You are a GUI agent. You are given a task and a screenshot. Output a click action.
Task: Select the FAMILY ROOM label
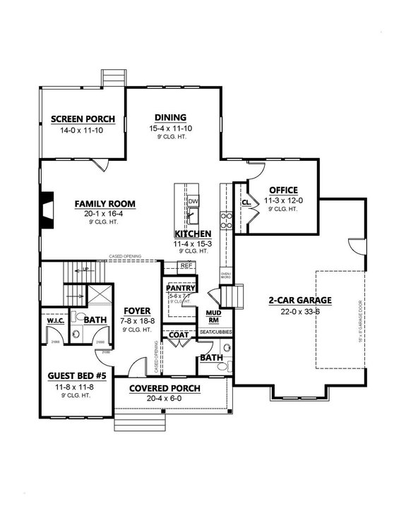tap(105, 204)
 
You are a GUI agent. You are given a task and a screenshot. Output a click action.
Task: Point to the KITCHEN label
tap(192, 234)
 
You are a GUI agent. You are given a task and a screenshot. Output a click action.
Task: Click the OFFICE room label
tap(282, 190)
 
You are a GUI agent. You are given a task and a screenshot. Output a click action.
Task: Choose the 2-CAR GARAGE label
tap(299, 300)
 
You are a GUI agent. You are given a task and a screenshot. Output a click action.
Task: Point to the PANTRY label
tap(179, 288)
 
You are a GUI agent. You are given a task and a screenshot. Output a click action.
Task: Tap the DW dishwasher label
tap(193, 201)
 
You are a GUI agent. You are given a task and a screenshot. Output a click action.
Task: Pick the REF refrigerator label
tap(186, 265)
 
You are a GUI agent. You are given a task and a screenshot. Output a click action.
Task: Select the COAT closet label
tap(178, 336)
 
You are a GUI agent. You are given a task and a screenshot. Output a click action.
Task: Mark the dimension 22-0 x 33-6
tap(299, 311)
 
